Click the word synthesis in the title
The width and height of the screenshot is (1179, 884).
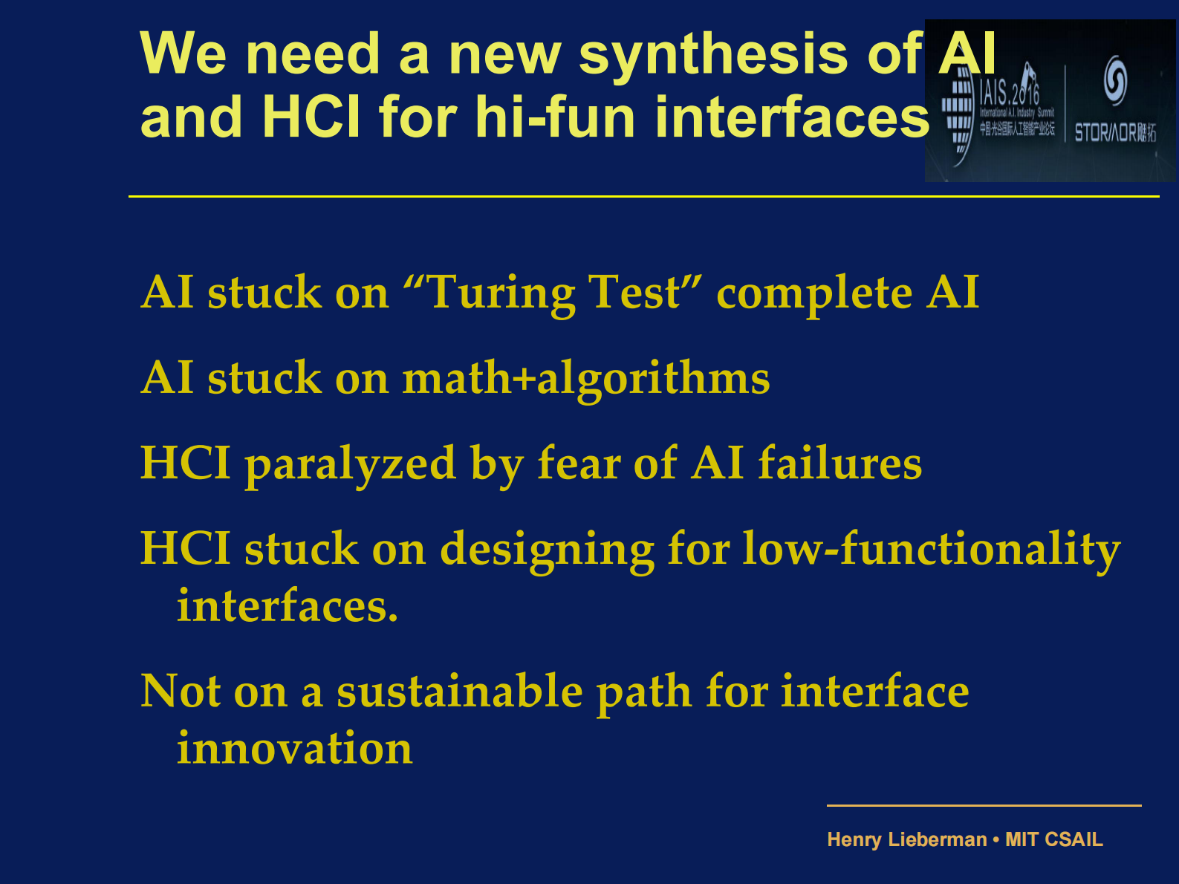[x=712, y=54]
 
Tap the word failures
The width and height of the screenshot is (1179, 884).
[x=839, y=463]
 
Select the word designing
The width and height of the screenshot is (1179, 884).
[x=547, y=550]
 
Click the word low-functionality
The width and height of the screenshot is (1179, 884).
[x=932, y=550]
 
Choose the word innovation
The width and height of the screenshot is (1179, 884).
[x=294, y=748]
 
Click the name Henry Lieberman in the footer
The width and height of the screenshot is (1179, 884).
[x=906, y=839]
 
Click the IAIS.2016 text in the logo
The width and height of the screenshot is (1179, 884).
[x=1009, y=93]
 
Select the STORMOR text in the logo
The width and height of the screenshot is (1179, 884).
[x=1106, y=133]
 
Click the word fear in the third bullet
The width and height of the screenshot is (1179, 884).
[x=579, y=463]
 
